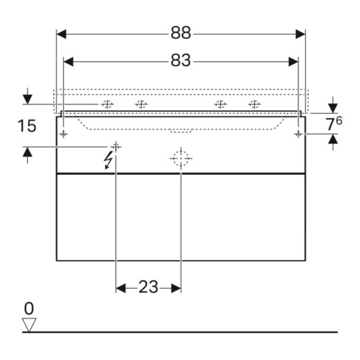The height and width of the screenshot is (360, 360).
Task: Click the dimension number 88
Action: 181,33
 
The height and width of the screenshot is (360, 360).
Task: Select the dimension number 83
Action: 181,60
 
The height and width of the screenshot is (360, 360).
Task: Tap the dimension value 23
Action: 148,287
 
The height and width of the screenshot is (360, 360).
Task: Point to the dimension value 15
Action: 27,126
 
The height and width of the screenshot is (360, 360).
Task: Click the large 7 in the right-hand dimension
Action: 331,124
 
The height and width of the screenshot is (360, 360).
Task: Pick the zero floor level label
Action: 29,309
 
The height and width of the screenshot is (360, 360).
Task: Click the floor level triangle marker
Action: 29,325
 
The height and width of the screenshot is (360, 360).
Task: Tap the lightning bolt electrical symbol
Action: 108,160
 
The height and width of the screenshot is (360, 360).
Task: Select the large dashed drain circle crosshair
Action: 181,159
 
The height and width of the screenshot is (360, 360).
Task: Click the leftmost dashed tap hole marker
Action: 107,104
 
